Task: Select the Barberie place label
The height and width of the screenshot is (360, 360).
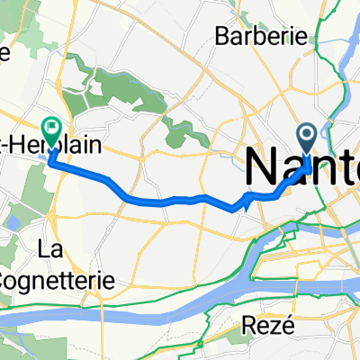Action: pos(247,37)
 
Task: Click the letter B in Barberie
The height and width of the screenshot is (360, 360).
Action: pos(220,37)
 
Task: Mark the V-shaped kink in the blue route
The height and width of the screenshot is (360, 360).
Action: pos(242,205)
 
